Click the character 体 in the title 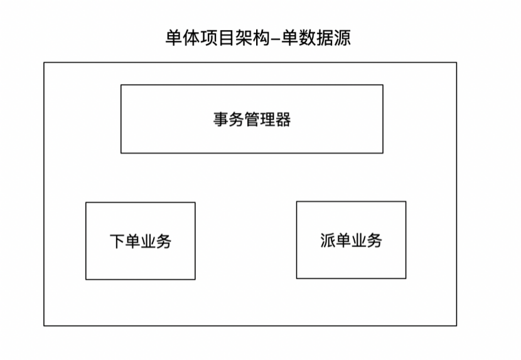pos(191,38)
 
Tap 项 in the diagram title pos(208,38)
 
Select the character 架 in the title pos(244,38)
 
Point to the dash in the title pos(276,40)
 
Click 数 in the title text pos(307,38)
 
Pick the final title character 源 pos(342,38)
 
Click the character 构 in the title pos(261,38)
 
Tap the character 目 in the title pos(225,38)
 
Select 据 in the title pos(324,38)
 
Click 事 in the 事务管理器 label pos(220,120)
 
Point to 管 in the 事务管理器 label pos(252,120)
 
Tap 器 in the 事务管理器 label pos(283,120)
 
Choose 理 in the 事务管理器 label pos(267,120)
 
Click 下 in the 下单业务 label pos(117,241)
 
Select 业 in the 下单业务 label pos(148,241)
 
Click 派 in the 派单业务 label pos(328,240)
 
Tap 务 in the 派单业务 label pos(375,240)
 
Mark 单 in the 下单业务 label pos(132,241)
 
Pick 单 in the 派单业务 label pos(343,240)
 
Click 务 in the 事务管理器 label pos(236,120)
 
